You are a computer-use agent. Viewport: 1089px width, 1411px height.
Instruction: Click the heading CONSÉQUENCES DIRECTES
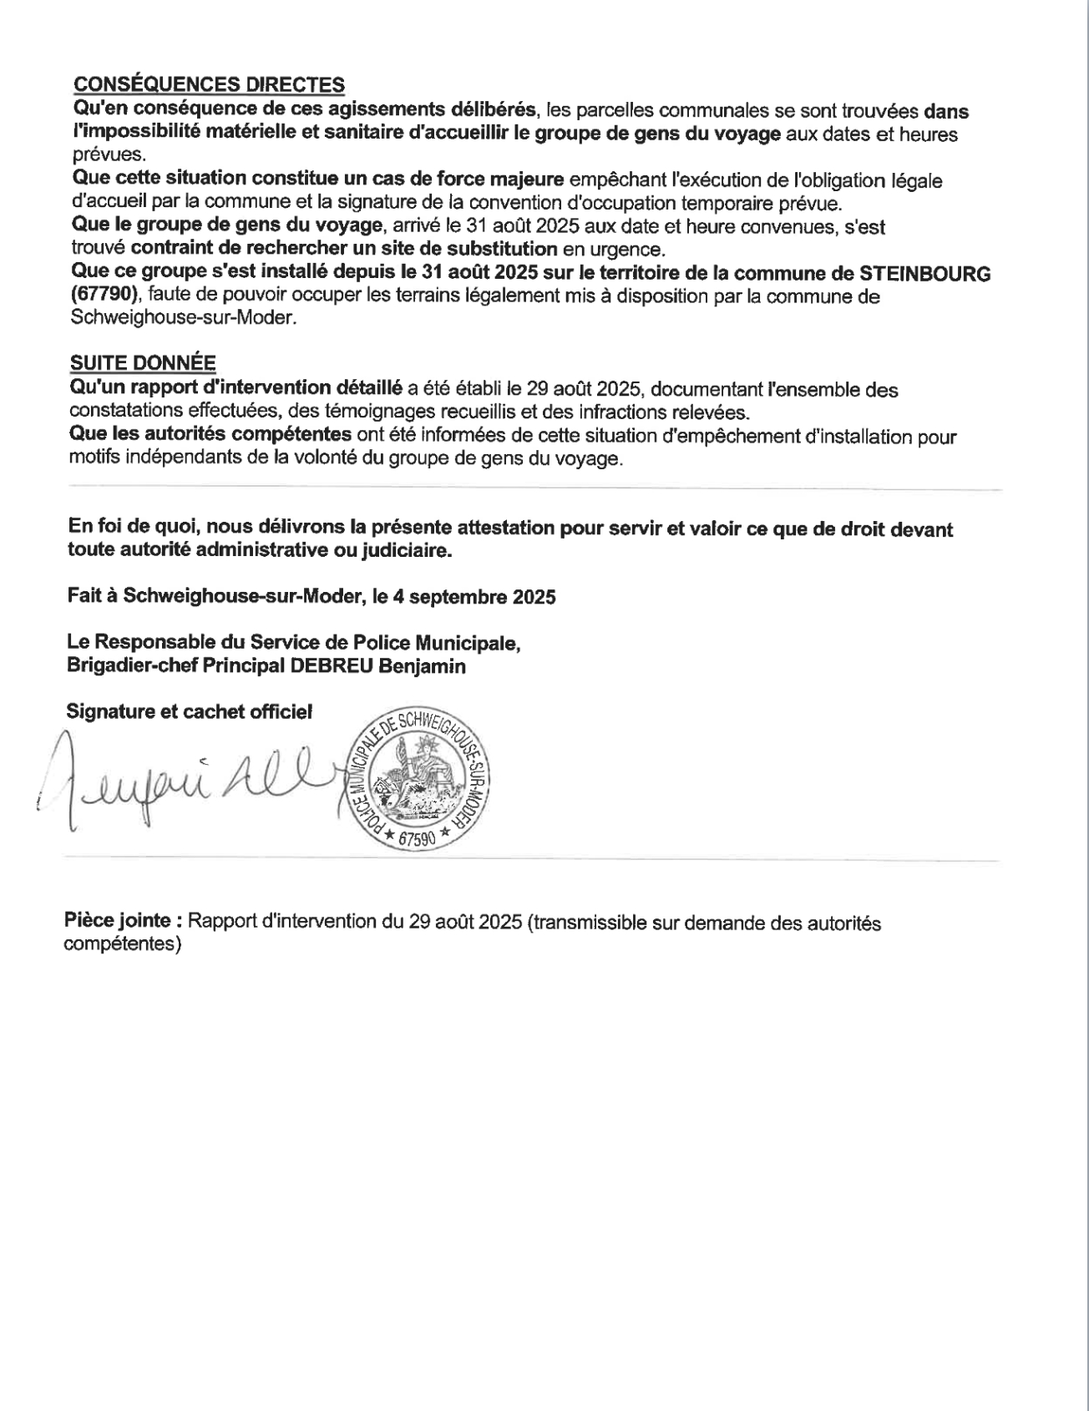click(x=209, y=84)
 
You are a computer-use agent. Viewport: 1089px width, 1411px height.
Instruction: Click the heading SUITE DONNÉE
click(x=143, y=362)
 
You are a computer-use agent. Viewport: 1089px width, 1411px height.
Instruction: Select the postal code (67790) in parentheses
click(x=104, y=296)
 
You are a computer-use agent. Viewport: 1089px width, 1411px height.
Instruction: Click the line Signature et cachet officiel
click(x=190, y=712)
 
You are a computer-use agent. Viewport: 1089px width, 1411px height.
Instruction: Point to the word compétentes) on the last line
click(x=123, y=944)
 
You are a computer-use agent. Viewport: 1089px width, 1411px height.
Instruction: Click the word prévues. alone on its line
click(x=109, y=154)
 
